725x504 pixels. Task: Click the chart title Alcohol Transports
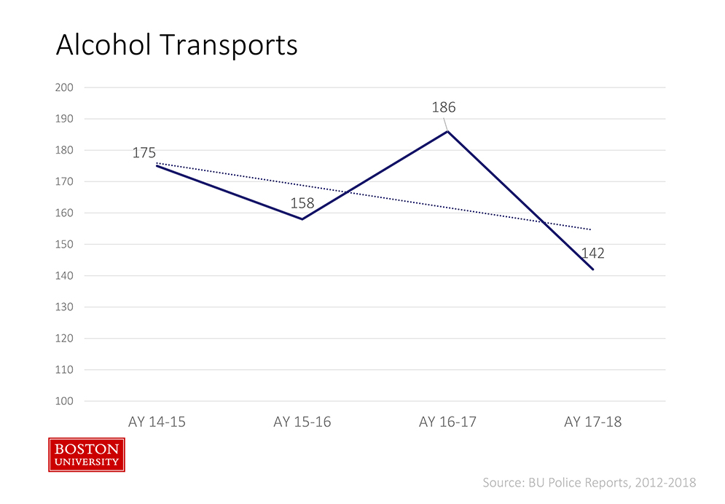(x=177, y=45)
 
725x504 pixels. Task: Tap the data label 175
(x=144, y=153)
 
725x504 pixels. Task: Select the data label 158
(x=302, y=202)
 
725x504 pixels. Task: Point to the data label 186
(x=443, y=108)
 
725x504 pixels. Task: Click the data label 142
(x=592, y=254)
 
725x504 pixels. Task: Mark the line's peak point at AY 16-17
(x=447, y=131)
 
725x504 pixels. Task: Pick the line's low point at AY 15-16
(x=302, y=219)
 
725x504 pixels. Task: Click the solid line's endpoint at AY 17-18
(x=593, y=269)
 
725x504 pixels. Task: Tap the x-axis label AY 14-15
(x=157, y=422)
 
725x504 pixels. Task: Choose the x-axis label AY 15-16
(x=302, y=422)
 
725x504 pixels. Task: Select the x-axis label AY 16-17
(x=447, y=422)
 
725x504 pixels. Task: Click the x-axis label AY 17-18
(x=593, y=422)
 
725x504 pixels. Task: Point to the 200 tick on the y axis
(x=65, y=87)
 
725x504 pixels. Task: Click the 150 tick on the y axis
(x=65, y=244)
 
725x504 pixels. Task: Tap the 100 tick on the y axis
(x=65, y=401)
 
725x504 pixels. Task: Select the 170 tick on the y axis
(x=65, y=181)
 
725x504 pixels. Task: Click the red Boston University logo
(x=87, y=454)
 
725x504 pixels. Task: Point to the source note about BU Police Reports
(x=589, y=482)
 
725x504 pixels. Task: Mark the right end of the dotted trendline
(x=591, y=229)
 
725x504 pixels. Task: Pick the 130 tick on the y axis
(x=65, y=307)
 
